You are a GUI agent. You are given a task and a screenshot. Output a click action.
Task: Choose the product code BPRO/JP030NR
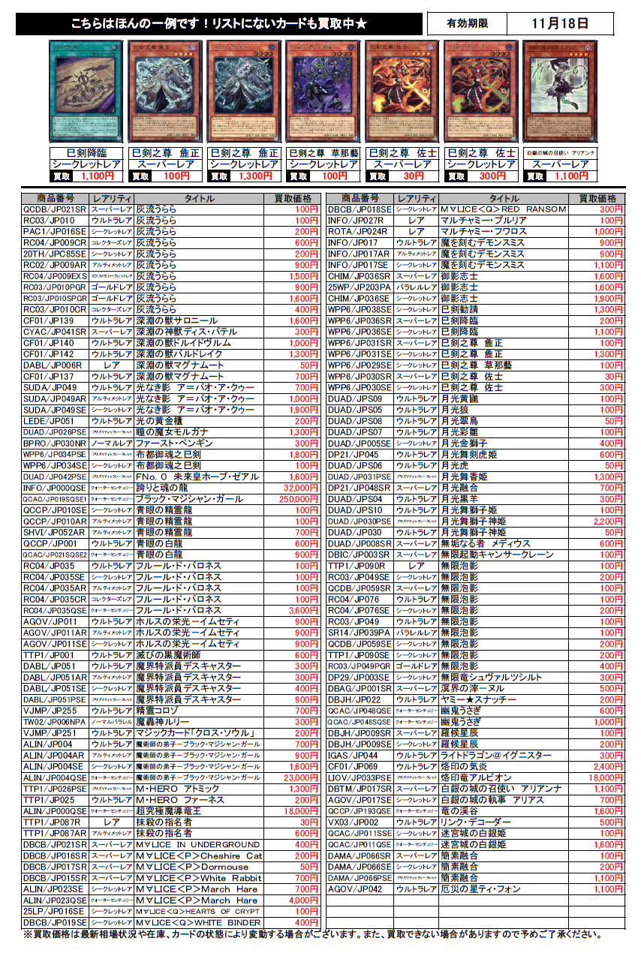click(54, 443)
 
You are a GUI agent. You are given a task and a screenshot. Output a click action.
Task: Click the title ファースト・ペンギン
click(173, 443)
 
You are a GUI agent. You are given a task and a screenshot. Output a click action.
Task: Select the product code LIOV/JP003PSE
click(359, 777)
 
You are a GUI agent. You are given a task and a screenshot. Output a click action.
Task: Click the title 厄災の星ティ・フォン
click(480, 889)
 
